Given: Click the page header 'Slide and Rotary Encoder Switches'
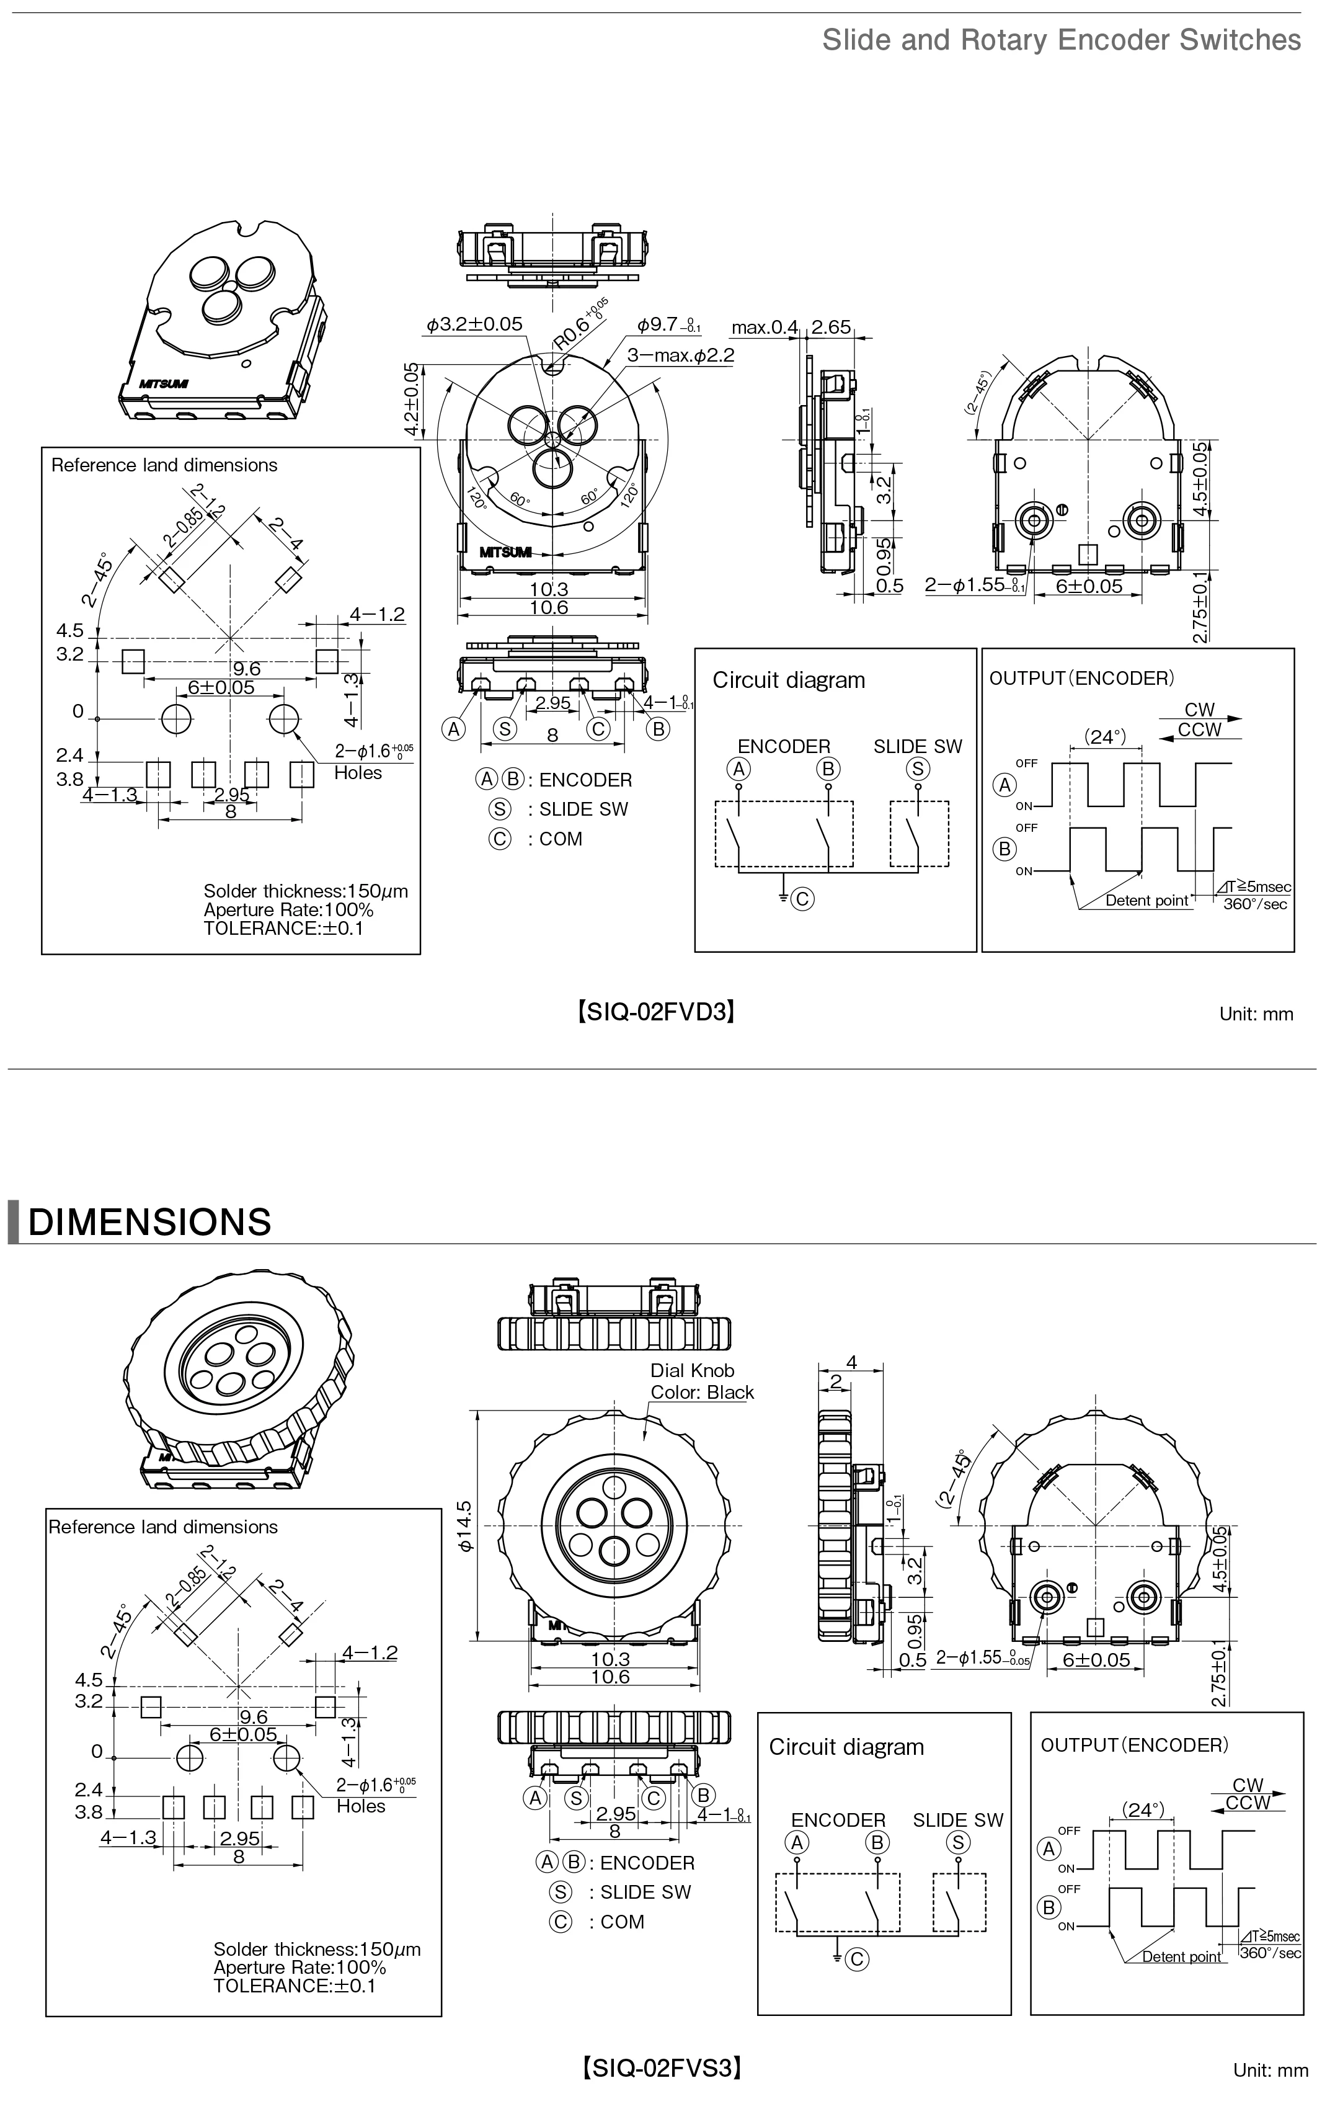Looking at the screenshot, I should point(1061,40).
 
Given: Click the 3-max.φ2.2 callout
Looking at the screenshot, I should point(680,355).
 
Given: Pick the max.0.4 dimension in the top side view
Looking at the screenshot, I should point(764,328).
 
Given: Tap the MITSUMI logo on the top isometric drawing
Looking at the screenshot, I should point(163,383).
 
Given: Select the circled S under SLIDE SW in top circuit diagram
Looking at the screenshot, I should point(917,769).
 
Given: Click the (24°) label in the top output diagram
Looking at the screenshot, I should point(1104,737).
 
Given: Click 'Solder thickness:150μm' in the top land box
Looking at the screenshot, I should point(305,891).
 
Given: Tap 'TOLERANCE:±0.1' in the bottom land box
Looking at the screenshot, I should point(293,1986).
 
